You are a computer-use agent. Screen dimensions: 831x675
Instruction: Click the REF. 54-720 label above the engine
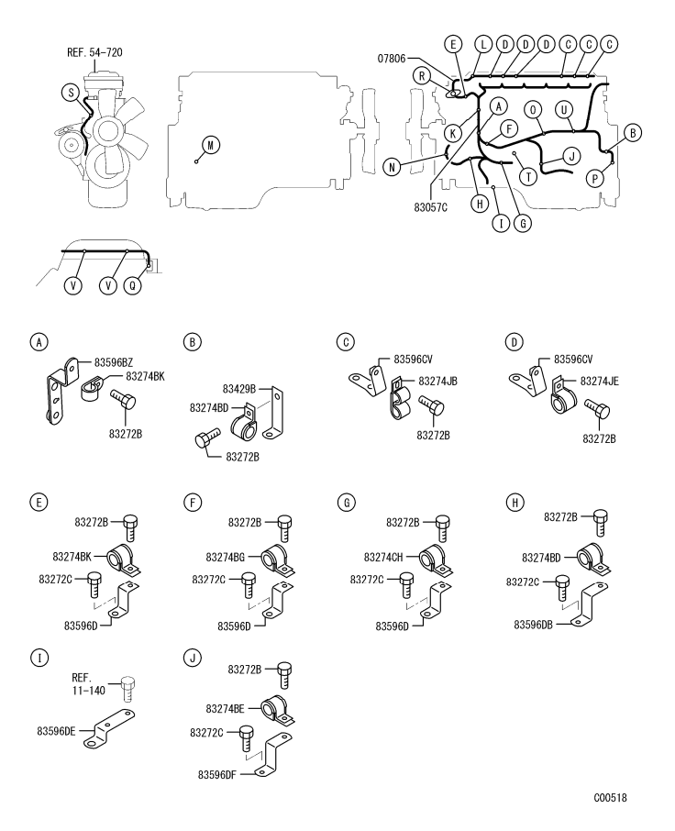click(94, 51)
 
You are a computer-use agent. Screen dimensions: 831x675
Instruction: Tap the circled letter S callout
click(68, 91)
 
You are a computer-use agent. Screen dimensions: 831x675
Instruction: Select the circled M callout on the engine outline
click(212, 145)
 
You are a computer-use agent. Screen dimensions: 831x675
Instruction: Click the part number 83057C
click(429, 208)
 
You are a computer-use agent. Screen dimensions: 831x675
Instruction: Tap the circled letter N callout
click(392, 167)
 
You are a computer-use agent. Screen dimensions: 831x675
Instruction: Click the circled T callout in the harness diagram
click(527, 175)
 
